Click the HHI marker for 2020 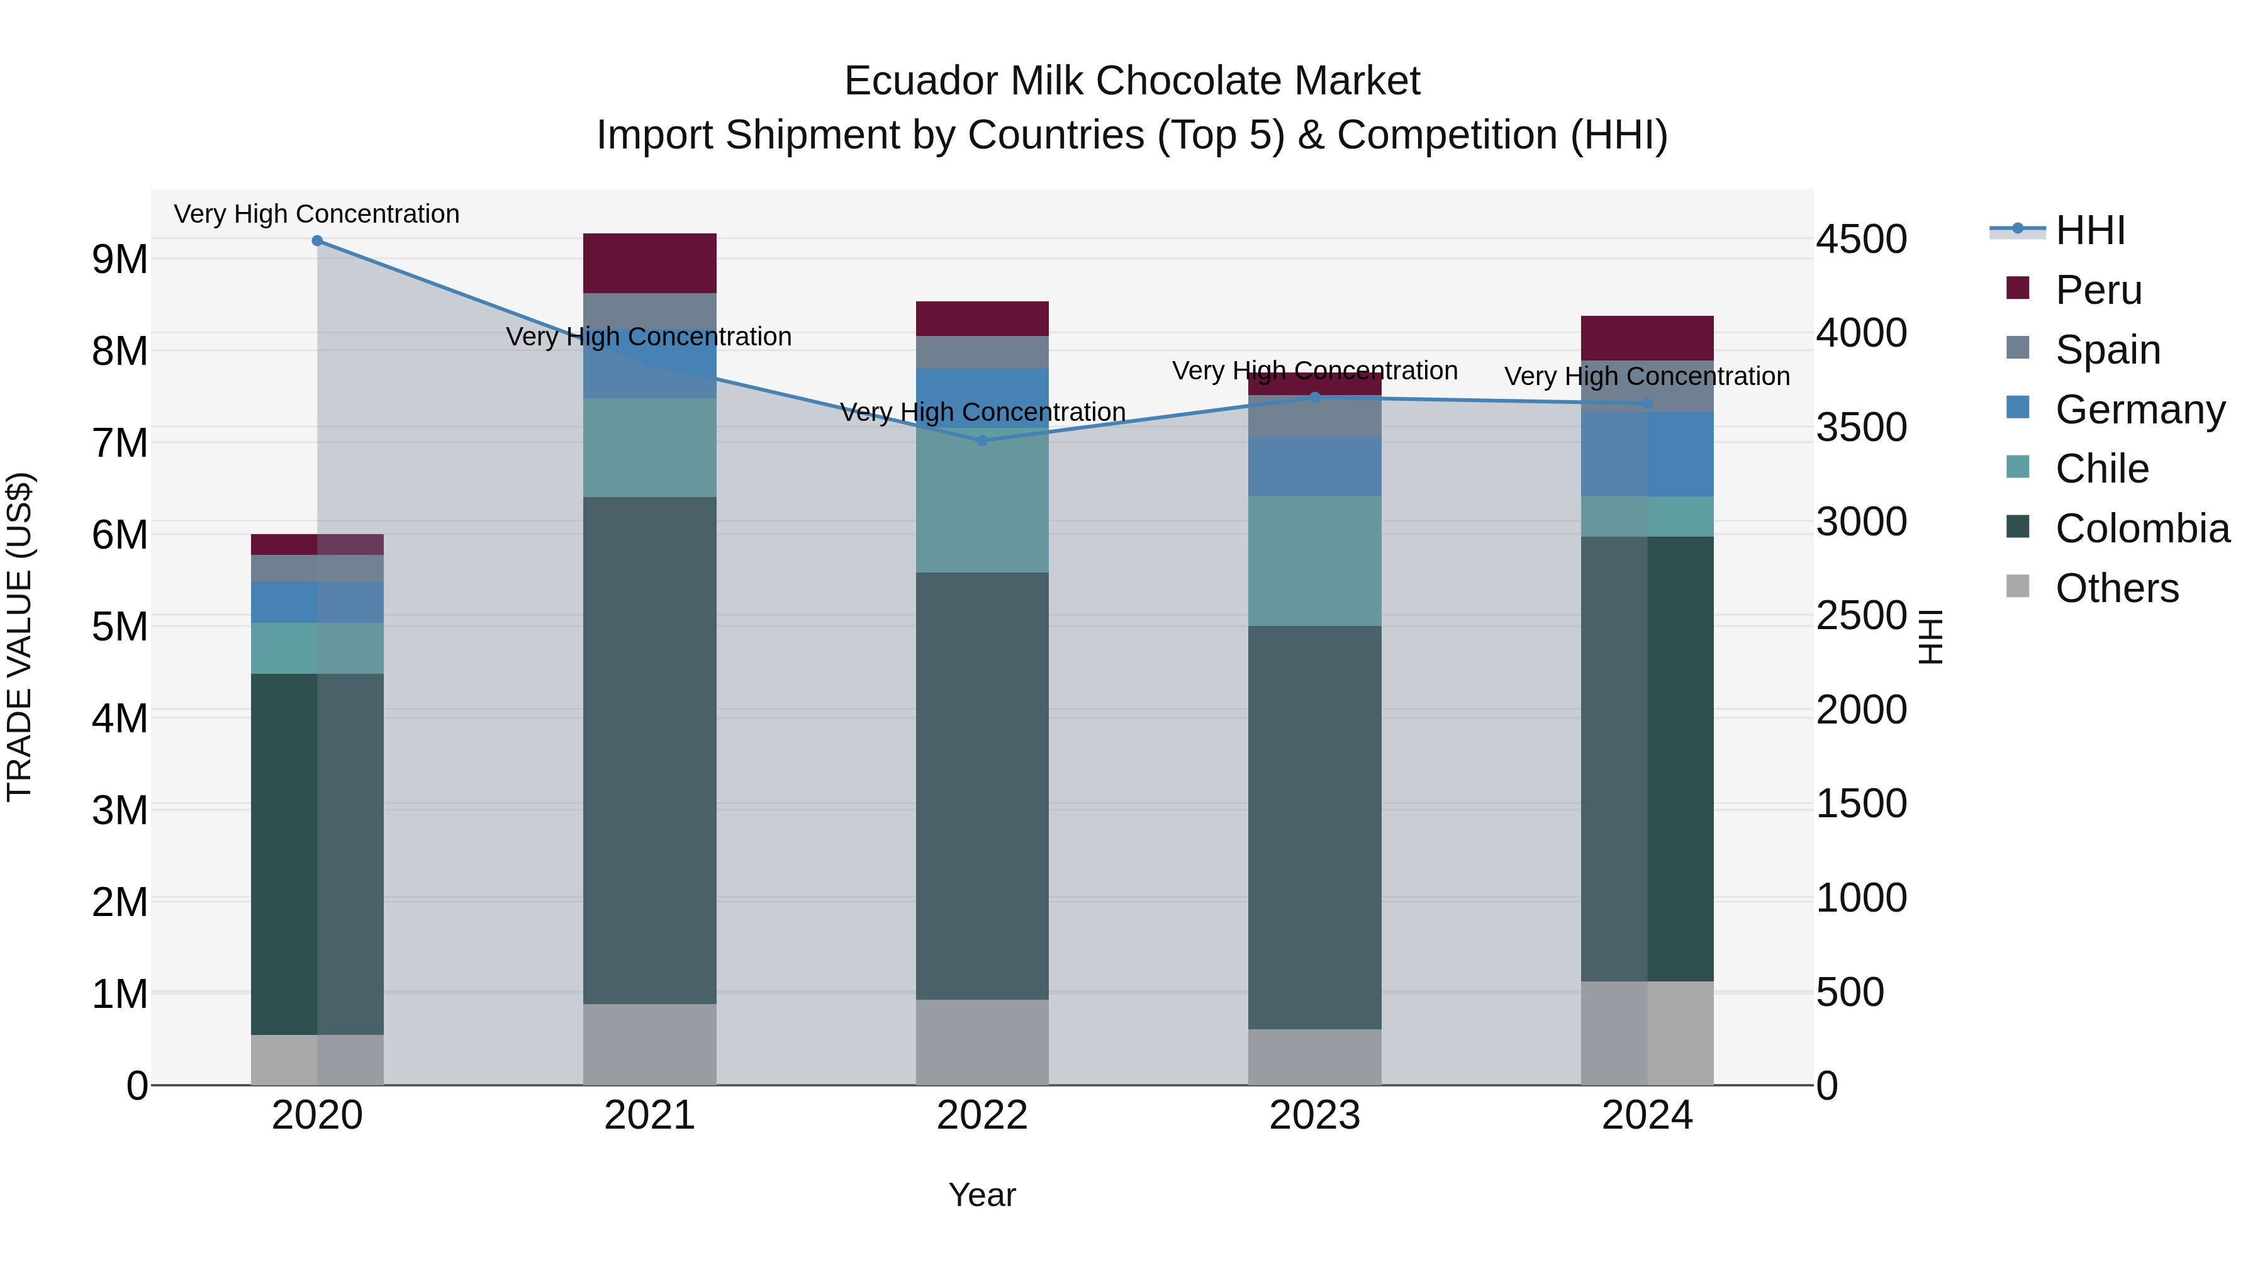[318, 241]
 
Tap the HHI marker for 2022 [982, 440]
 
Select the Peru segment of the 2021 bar [650, 263]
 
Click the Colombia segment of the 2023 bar [1314, 827]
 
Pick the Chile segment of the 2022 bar [982, 501]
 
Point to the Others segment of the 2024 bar [1647, 1032]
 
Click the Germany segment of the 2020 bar [318, 601]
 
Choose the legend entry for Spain [2106, 350]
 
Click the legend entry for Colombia [2142, 528]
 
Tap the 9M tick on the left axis [120, 259]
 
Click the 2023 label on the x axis [1314, 1115]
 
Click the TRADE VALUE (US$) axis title [20, 637]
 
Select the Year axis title [982, 1195]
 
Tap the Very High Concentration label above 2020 [316, 214]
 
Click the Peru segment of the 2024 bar [1647, 338]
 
